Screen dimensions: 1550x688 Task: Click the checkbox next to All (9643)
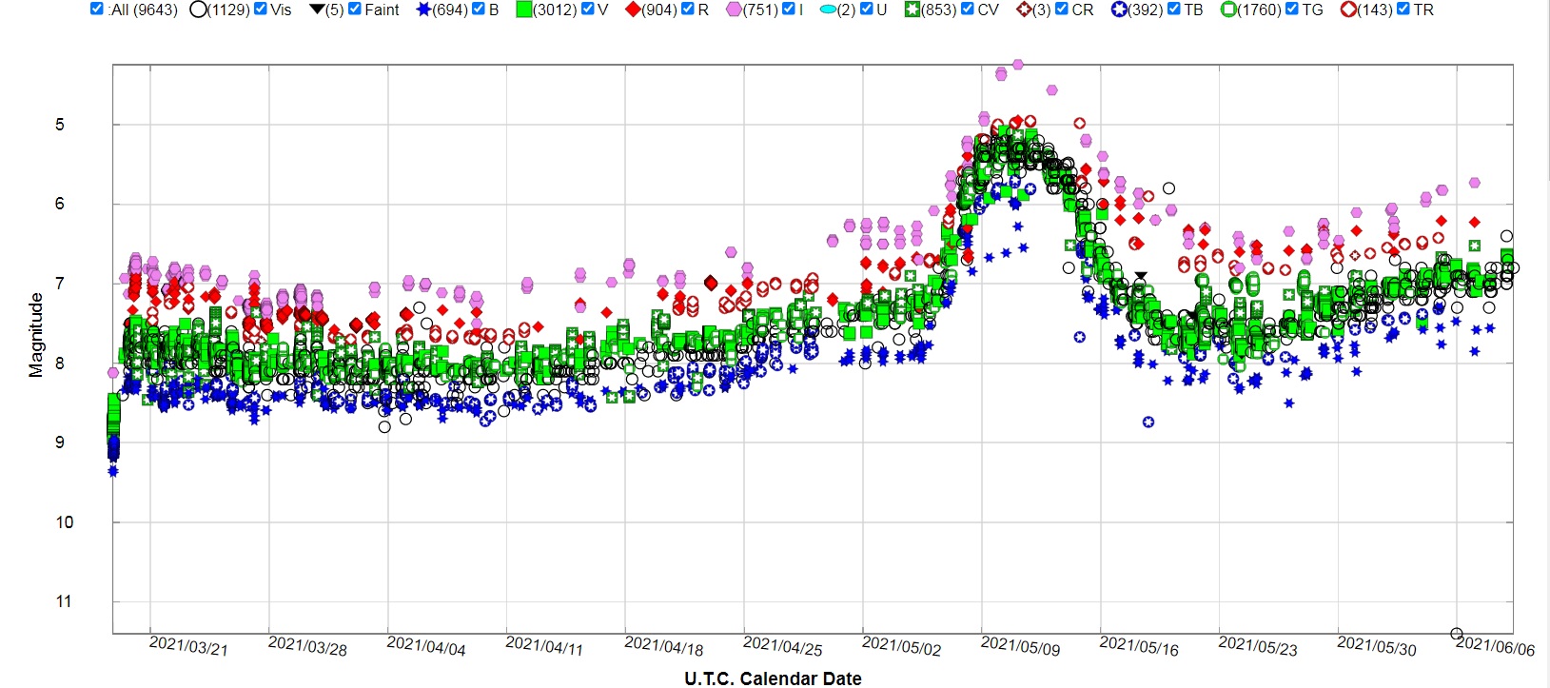[97, 9]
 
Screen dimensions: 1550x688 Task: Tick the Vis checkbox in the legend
[261, 9]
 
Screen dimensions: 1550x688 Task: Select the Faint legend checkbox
[355, 9]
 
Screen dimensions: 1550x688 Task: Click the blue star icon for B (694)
[423, 10]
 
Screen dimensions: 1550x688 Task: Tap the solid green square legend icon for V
[524, 10]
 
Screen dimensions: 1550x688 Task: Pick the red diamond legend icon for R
[632, 10]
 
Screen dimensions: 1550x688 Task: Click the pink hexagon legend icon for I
[735, 10]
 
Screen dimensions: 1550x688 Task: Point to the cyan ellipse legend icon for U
[828, 10]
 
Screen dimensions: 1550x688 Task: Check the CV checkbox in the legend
[968, 9]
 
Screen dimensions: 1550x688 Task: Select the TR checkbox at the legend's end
[1403, 9]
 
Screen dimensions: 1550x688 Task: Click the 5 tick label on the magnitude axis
[60, 125]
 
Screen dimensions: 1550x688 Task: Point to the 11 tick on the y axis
[64, 601]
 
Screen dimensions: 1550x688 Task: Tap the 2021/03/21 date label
[188, 646]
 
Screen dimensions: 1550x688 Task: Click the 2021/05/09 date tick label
[1020, 646]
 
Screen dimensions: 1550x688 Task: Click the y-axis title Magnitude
[36, 335]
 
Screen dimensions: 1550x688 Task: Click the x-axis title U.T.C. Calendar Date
[773, 678]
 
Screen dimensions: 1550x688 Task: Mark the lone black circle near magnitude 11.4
[1456, 634]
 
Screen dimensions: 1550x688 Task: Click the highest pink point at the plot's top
[1018, 65]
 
